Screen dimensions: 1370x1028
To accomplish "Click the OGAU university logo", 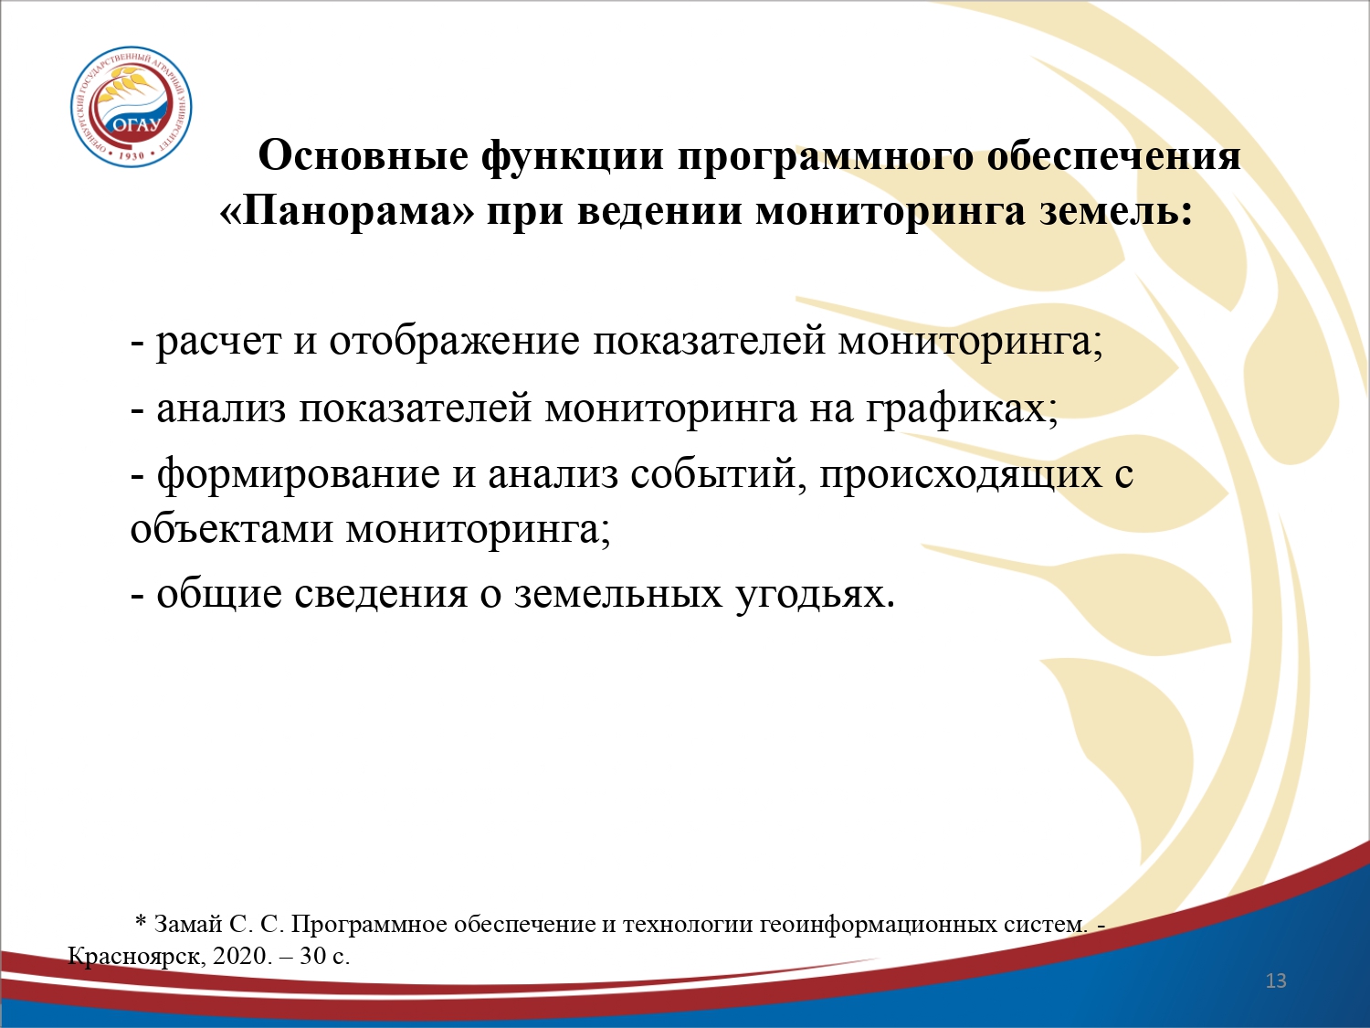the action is click(x=132, y=107).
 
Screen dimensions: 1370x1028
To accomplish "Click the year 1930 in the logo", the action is click(x=131, y=154).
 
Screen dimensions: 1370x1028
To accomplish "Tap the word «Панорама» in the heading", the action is click(x=347, y=211).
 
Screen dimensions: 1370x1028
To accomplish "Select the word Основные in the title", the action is click(x=364, y=155).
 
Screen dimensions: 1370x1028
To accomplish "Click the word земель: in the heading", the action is click(x=1116, y=211).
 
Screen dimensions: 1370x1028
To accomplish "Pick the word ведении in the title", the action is click(x=660, y=211).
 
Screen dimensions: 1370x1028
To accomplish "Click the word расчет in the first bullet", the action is click(x=218, y=343).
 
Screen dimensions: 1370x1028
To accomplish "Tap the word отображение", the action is click(x=454, y=341).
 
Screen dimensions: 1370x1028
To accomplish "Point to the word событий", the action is click(x=718, y=473).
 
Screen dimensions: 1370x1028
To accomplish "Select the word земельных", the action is click(x=618, y=594).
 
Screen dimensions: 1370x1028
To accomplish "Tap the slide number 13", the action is click(x=1276, y=980).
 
